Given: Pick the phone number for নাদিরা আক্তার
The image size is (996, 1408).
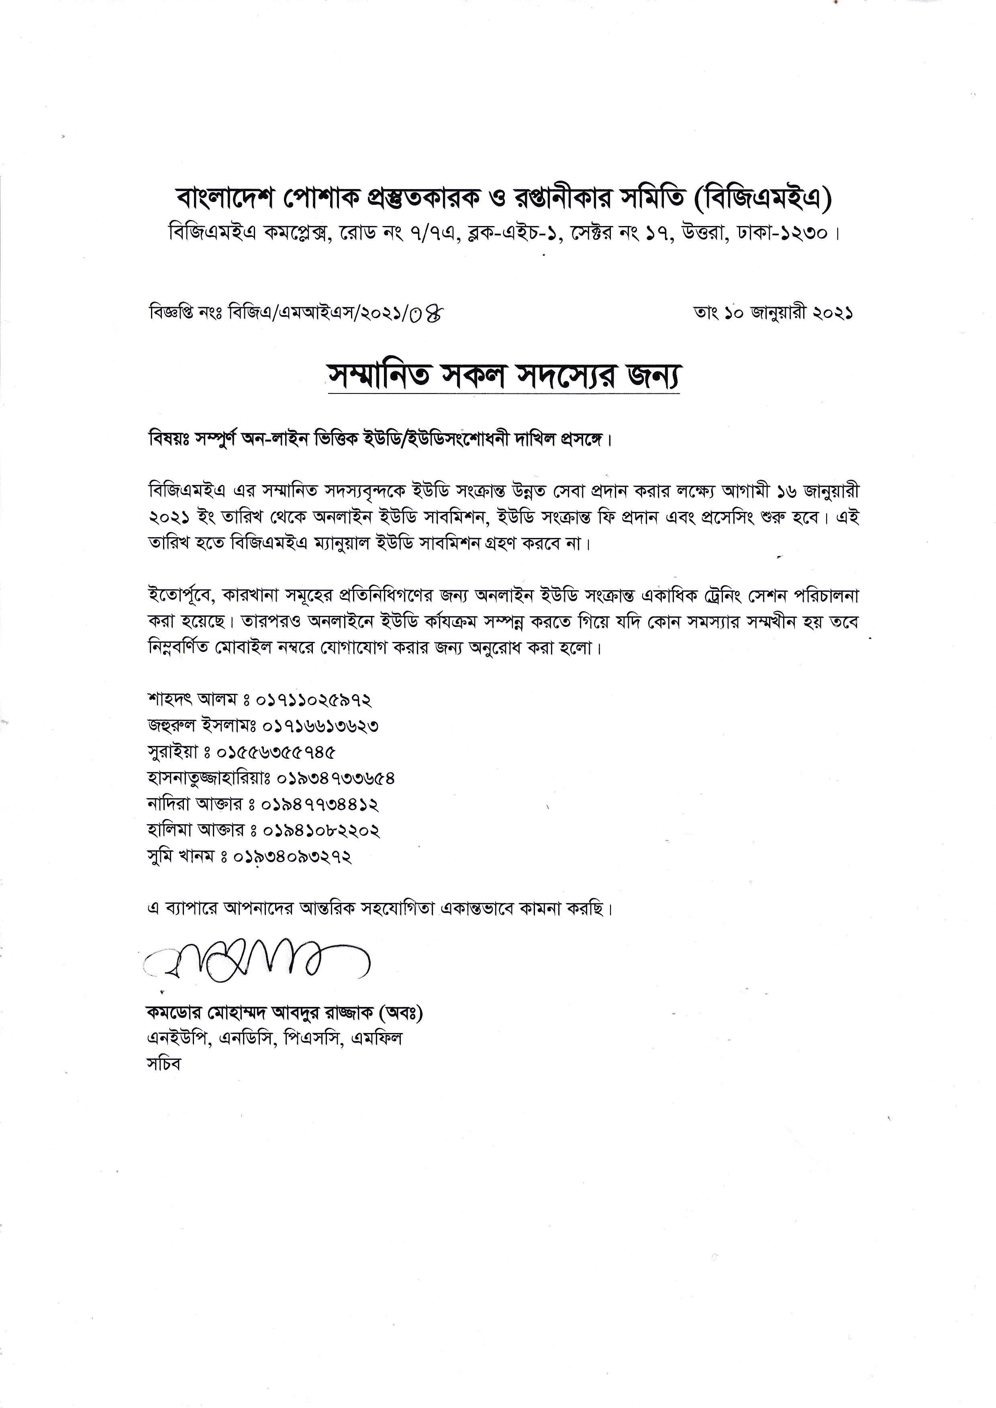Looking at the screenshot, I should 320,804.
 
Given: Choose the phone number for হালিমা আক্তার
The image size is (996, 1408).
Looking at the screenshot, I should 321,830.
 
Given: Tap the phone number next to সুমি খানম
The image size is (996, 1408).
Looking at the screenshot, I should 292,857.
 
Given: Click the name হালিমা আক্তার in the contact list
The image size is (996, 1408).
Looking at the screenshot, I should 195,830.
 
